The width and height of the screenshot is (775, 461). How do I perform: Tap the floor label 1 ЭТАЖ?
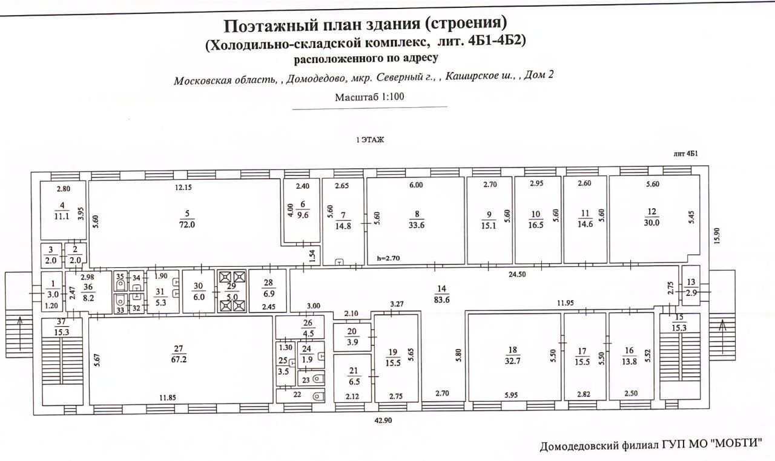point(371,140)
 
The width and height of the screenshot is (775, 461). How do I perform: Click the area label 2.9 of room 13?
point(691,293)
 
